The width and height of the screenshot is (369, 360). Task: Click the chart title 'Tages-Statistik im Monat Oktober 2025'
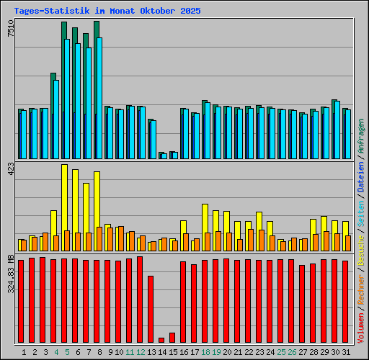click(107, 12)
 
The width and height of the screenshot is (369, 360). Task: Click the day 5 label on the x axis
click(67, 352)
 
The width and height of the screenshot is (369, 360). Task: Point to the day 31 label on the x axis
click(346, 352)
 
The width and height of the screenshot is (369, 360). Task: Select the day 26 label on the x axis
click(292, 352)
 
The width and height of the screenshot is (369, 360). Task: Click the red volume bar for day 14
click(161, 341)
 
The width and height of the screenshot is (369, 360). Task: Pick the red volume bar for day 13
click(151, 309)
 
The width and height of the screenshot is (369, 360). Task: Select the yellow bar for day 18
click(205, 218)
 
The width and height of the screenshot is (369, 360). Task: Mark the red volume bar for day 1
click(21, 301)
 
